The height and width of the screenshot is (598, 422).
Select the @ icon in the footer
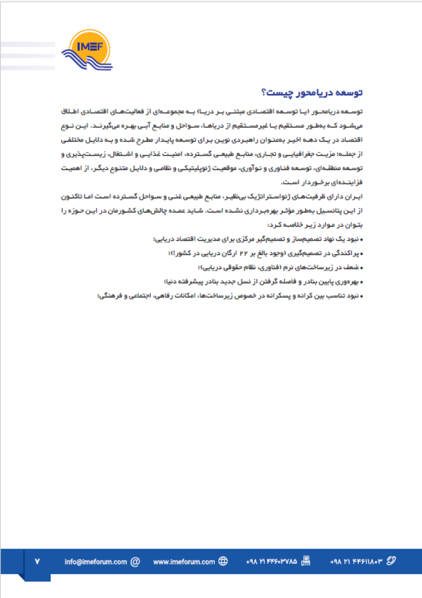[135, 562]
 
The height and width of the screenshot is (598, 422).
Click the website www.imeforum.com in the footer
[184, 562]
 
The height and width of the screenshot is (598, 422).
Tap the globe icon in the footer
[223, 562]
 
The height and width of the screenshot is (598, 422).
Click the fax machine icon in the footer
[305, 562]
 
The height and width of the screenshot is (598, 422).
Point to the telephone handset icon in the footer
[391, 562]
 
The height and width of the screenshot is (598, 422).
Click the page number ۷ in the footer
[37, 562]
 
